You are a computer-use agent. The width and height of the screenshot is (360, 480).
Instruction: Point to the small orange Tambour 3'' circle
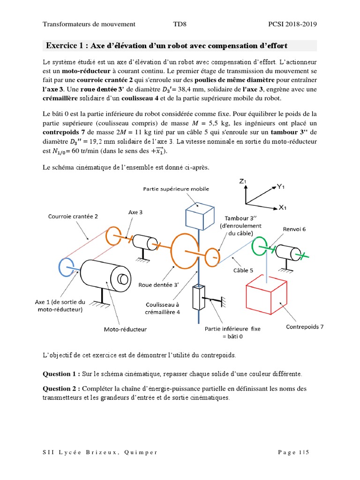(x=213, y=256)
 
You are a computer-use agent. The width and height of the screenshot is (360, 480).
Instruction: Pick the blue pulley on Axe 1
(x=66, y=266)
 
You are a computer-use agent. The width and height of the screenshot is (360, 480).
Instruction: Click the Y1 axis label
(x=281, y=187)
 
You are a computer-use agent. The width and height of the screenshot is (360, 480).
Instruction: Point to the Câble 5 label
(x=243, y=270)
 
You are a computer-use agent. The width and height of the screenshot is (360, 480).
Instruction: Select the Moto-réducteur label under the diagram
(x=125, y=329)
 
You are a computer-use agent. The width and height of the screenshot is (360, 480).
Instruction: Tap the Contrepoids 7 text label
(x=305, y=327)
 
